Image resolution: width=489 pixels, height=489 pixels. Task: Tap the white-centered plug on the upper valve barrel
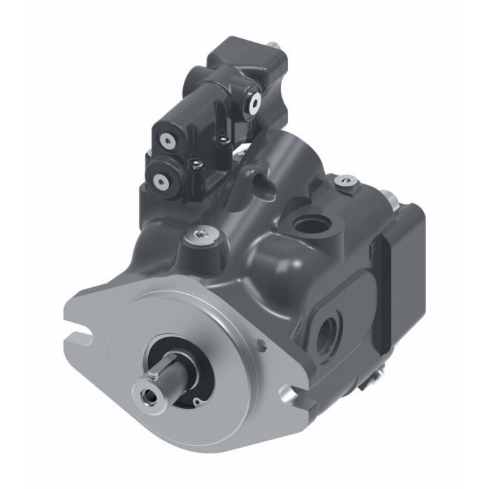251,102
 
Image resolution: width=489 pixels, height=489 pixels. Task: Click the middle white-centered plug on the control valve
167,140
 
